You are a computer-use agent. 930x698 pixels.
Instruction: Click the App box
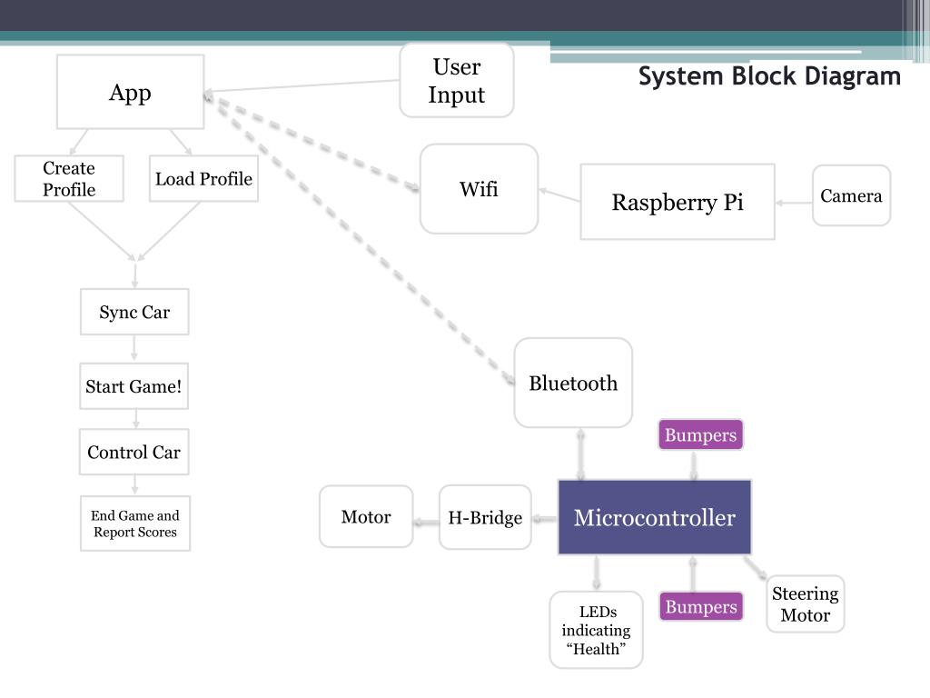pyautogui.click(x=131, y=92)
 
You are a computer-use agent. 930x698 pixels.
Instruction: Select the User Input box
pyautogui.click(x=457, y=80)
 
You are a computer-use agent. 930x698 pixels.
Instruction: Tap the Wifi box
pyautogui.click(x=480, y=189)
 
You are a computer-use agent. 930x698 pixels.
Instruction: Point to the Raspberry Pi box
pyautogui.click(x=678, y=202)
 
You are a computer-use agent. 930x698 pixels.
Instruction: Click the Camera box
pyautogui.click(x=851, y=195)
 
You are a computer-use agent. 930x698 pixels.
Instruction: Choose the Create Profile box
pyautogui.click(x=69, y=179)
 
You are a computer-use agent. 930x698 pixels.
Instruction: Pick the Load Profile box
pyautogui.click(x=203, y=179)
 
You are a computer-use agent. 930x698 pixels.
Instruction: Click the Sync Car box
pyautogui.click(x=134, y=312)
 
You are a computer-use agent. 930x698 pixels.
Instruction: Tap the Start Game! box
pyautogui.click(x=134, y=385)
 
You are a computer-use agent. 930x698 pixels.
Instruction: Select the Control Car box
pyautogui.click(x=134, y=452)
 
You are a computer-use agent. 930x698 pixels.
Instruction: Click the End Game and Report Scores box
pyautogui.click(x=135, y=523)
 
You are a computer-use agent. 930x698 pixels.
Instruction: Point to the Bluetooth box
pyautogui.click(x=573, y=383)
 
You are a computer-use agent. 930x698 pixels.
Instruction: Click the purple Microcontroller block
pyautogui.click(x=655, y=517)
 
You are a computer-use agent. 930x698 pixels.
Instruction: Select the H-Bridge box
pyautogui.click(x=485, y=517)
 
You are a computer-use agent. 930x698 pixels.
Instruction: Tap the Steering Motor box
pyautogui.click(x=806, y=603)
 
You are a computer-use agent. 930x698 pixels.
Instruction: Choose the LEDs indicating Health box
pyautogui.click(x=596, y=630)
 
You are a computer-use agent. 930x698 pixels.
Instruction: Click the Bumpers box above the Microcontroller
pyautogui.click(x=700, y=434)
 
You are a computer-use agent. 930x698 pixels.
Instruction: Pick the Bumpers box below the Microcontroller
pyautogui.click(x=701, y=606)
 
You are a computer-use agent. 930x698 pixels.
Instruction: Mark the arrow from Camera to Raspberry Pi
pyautogui.click(x=794, y=203)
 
